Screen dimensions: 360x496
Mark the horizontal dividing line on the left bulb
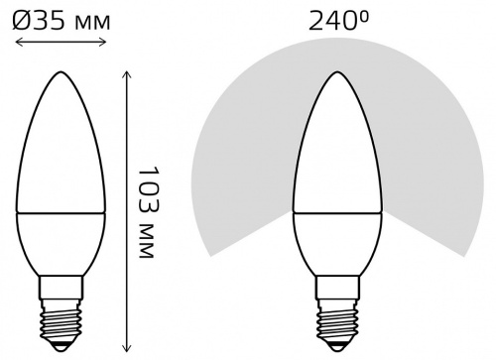pos(59,211)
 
